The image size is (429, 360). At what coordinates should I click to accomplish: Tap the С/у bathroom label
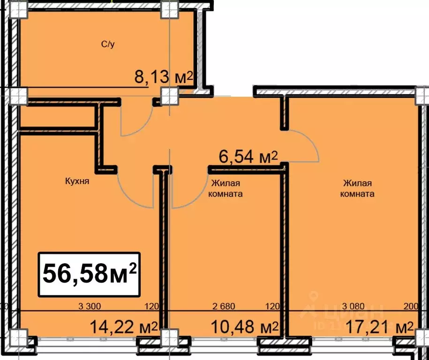coord(109,45)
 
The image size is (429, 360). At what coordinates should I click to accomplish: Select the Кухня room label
coord(77,180)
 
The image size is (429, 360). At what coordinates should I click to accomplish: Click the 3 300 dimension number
coord(90,307)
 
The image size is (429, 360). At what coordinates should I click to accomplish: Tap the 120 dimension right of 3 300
coord(151,307)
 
